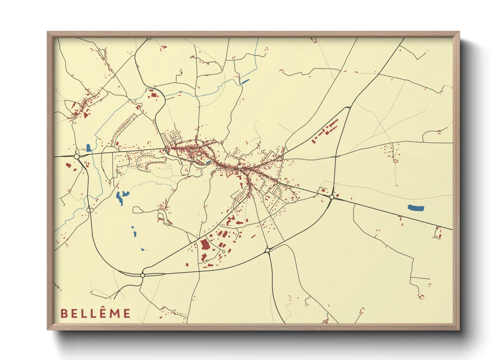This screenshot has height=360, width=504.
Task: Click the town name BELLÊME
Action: [x=95, y=313]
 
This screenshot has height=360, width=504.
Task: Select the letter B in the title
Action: [x=63, y=313]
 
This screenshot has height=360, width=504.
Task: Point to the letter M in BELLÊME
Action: [x=115, y=313]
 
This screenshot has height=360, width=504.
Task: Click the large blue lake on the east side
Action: [x=416, y=208]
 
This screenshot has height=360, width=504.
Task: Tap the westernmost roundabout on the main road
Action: [x=77, y=156]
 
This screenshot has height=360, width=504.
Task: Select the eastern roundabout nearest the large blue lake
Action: [x=332, y=197]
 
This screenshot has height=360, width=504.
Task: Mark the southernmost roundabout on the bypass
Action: [x=143, y=275]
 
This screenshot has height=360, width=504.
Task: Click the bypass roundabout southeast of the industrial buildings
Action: [x=268, y=250]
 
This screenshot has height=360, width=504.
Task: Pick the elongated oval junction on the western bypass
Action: [x=90, y=210]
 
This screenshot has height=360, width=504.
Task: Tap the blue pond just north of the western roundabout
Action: [x=89, y=148]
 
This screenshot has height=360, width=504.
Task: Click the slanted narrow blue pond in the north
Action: [x=245, y=81]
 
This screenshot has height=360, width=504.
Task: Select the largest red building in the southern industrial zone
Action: [x=205, y=245]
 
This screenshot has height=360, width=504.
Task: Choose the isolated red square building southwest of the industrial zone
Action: [x=187, y=264]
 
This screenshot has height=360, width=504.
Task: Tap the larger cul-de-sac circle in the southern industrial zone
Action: [x=223, y=251]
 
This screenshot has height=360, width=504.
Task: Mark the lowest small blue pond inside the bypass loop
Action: [x=142, y=249]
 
